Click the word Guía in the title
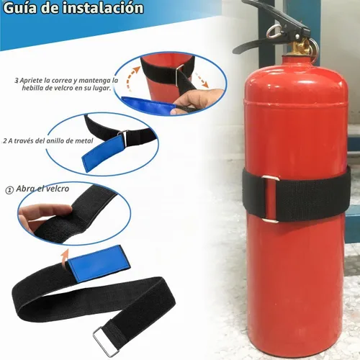(x=20, y=8)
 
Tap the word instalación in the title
(x=103, y=8)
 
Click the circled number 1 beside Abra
(x=9, y=190)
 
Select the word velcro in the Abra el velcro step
(x=58, y=189)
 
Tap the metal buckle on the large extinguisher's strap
(x=270, y=199)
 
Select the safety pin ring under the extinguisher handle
(x=274, y=32)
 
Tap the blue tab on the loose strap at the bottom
(x=99, y=264)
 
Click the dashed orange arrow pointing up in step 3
(x=132, y=78)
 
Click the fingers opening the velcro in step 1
(x=43, y=215)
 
